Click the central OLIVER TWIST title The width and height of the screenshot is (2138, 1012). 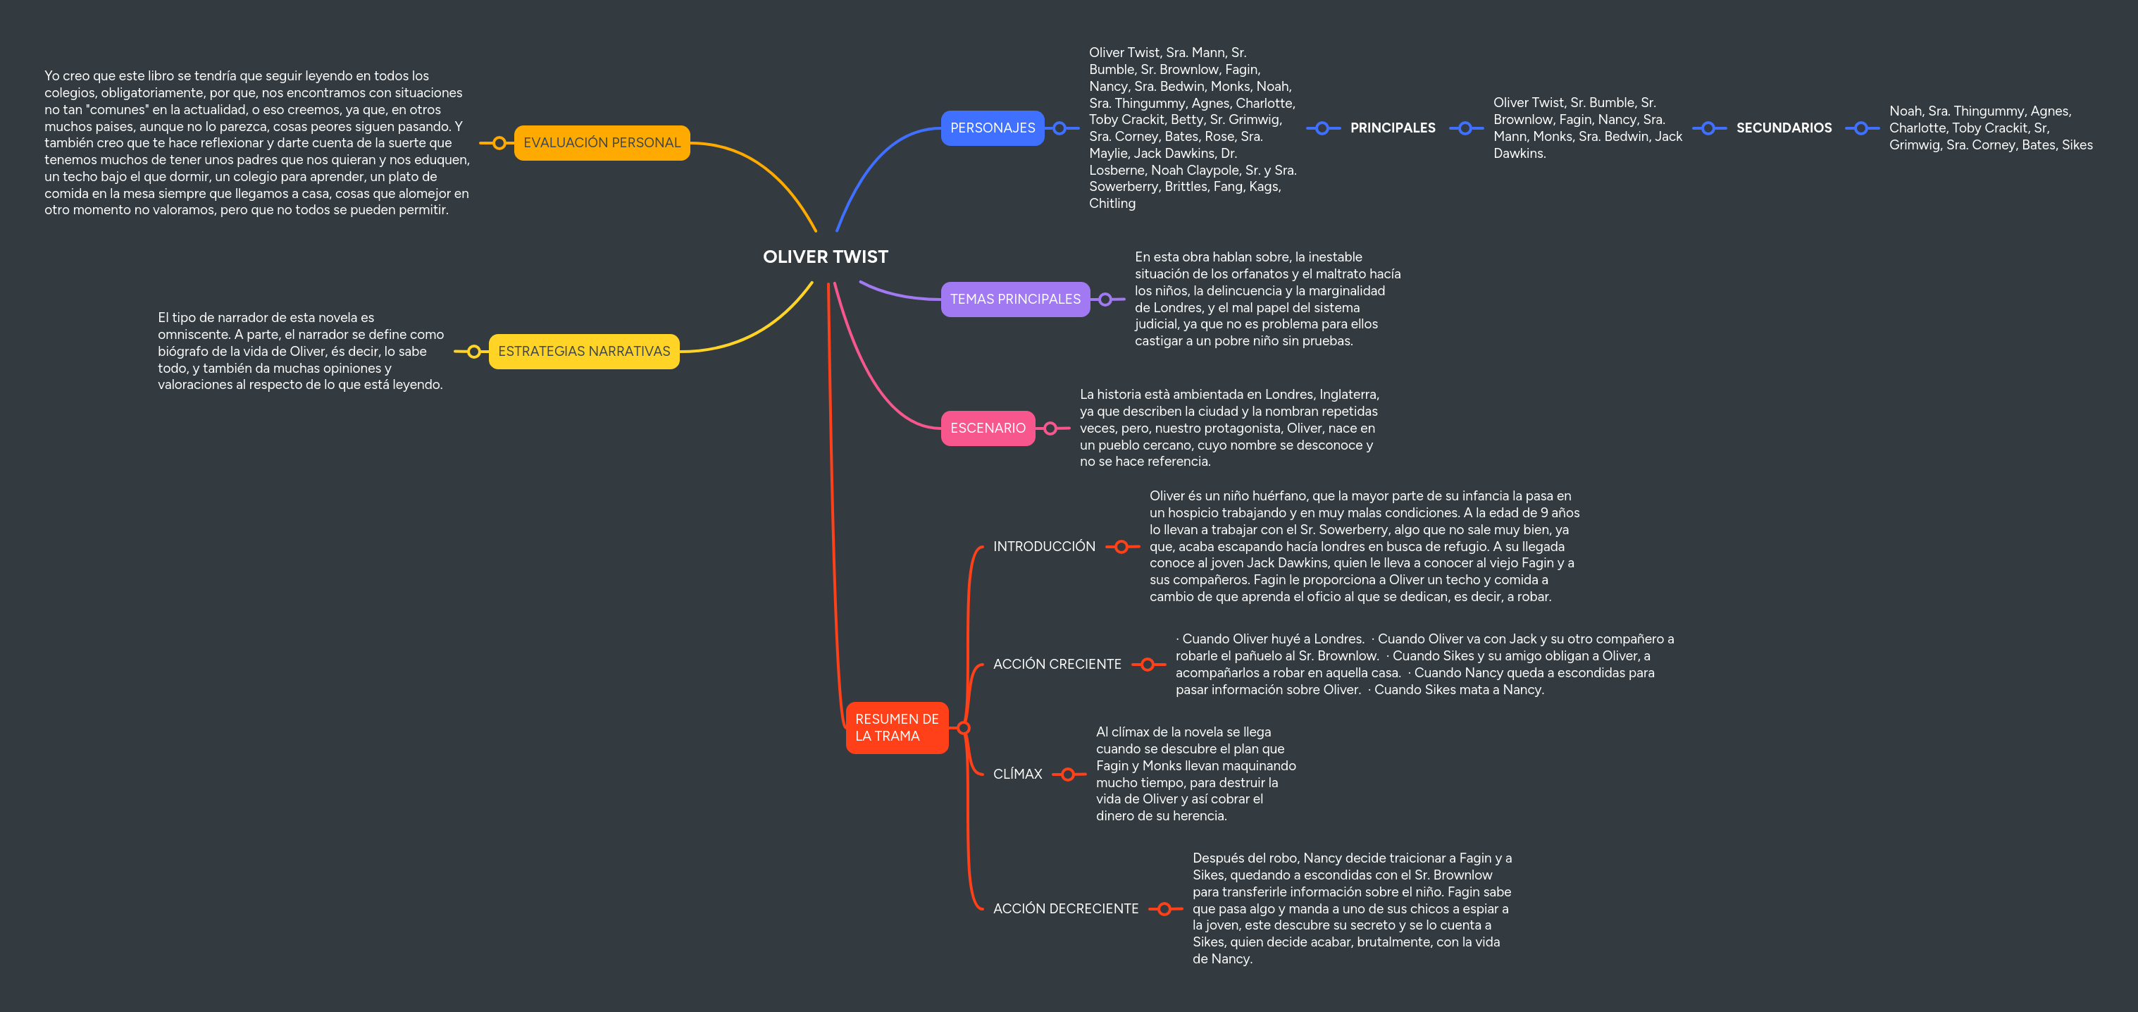[x=825, y=257]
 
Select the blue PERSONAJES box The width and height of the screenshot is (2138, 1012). [x=992, y=128]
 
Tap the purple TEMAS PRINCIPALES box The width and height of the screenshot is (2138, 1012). [x=1014, y=299]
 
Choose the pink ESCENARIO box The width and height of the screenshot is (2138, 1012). [x=987, y=428]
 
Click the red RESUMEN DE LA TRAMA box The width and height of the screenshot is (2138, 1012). [x=896, y=727]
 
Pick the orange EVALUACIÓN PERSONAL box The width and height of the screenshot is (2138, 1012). [x=601, y=143]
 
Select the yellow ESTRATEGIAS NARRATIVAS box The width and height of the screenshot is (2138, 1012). [x=583, y=351]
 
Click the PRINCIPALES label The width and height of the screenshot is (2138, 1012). [x=1392, y=128]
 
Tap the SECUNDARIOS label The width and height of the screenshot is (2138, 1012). [x=1784, y=128]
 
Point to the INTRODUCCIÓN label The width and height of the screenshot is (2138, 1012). [x=1043, y=546]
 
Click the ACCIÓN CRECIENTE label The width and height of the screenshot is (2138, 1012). [x=1057, y=664]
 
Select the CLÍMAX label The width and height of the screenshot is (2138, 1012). [x=1017, y=774]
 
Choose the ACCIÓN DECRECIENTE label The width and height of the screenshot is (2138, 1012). [x=1065, y=908]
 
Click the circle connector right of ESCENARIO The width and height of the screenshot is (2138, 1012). [x=1051, y=428]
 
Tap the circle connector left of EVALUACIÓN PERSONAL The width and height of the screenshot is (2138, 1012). [x=499, y=143]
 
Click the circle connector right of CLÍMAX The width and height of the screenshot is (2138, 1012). [x=1068, y=774]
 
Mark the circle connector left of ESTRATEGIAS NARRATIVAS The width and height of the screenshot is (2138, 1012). [x=473, y=351]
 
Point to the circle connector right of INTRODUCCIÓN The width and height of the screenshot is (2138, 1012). [x=1121, y=546]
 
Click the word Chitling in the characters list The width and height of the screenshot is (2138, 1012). [x=1112, y=204]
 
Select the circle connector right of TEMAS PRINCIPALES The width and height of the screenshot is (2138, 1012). [x=1105, y=299]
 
